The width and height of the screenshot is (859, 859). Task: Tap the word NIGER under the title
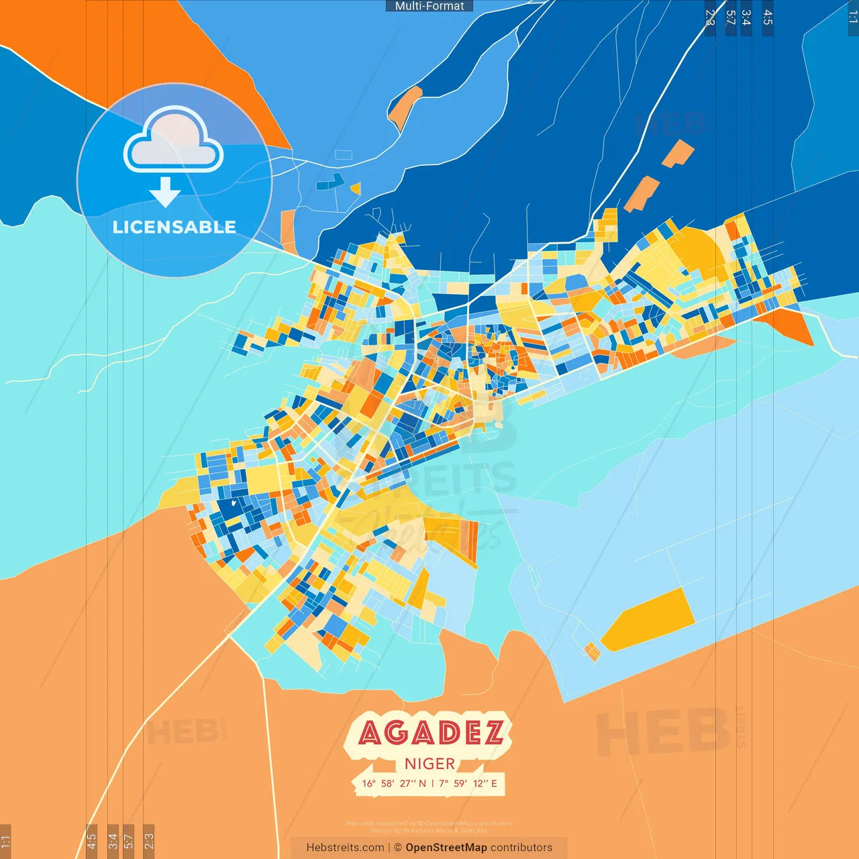[429, 764]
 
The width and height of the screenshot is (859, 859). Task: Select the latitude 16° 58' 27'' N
[394, 783]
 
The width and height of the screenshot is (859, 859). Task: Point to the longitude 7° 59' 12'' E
[468, 783]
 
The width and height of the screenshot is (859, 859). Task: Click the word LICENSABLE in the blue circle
[174, 227]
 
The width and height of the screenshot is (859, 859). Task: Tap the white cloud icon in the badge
[173, 142]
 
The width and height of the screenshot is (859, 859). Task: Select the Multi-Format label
[429, 6]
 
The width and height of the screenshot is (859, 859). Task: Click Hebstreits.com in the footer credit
[345, 848]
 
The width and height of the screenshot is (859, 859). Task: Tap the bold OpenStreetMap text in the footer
[446, 848]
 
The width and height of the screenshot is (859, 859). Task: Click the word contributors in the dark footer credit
[521, 848]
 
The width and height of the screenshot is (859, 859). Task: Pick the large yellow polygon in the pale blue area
[648, 619]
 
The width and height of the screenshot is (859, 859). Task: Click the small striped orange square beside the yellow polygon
[592, 651]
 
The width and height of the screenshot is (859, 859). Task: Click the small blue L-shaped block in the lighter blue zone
[330, 181]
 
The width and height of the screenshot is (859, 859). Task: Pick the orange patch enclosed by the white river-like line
[405, 107]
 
